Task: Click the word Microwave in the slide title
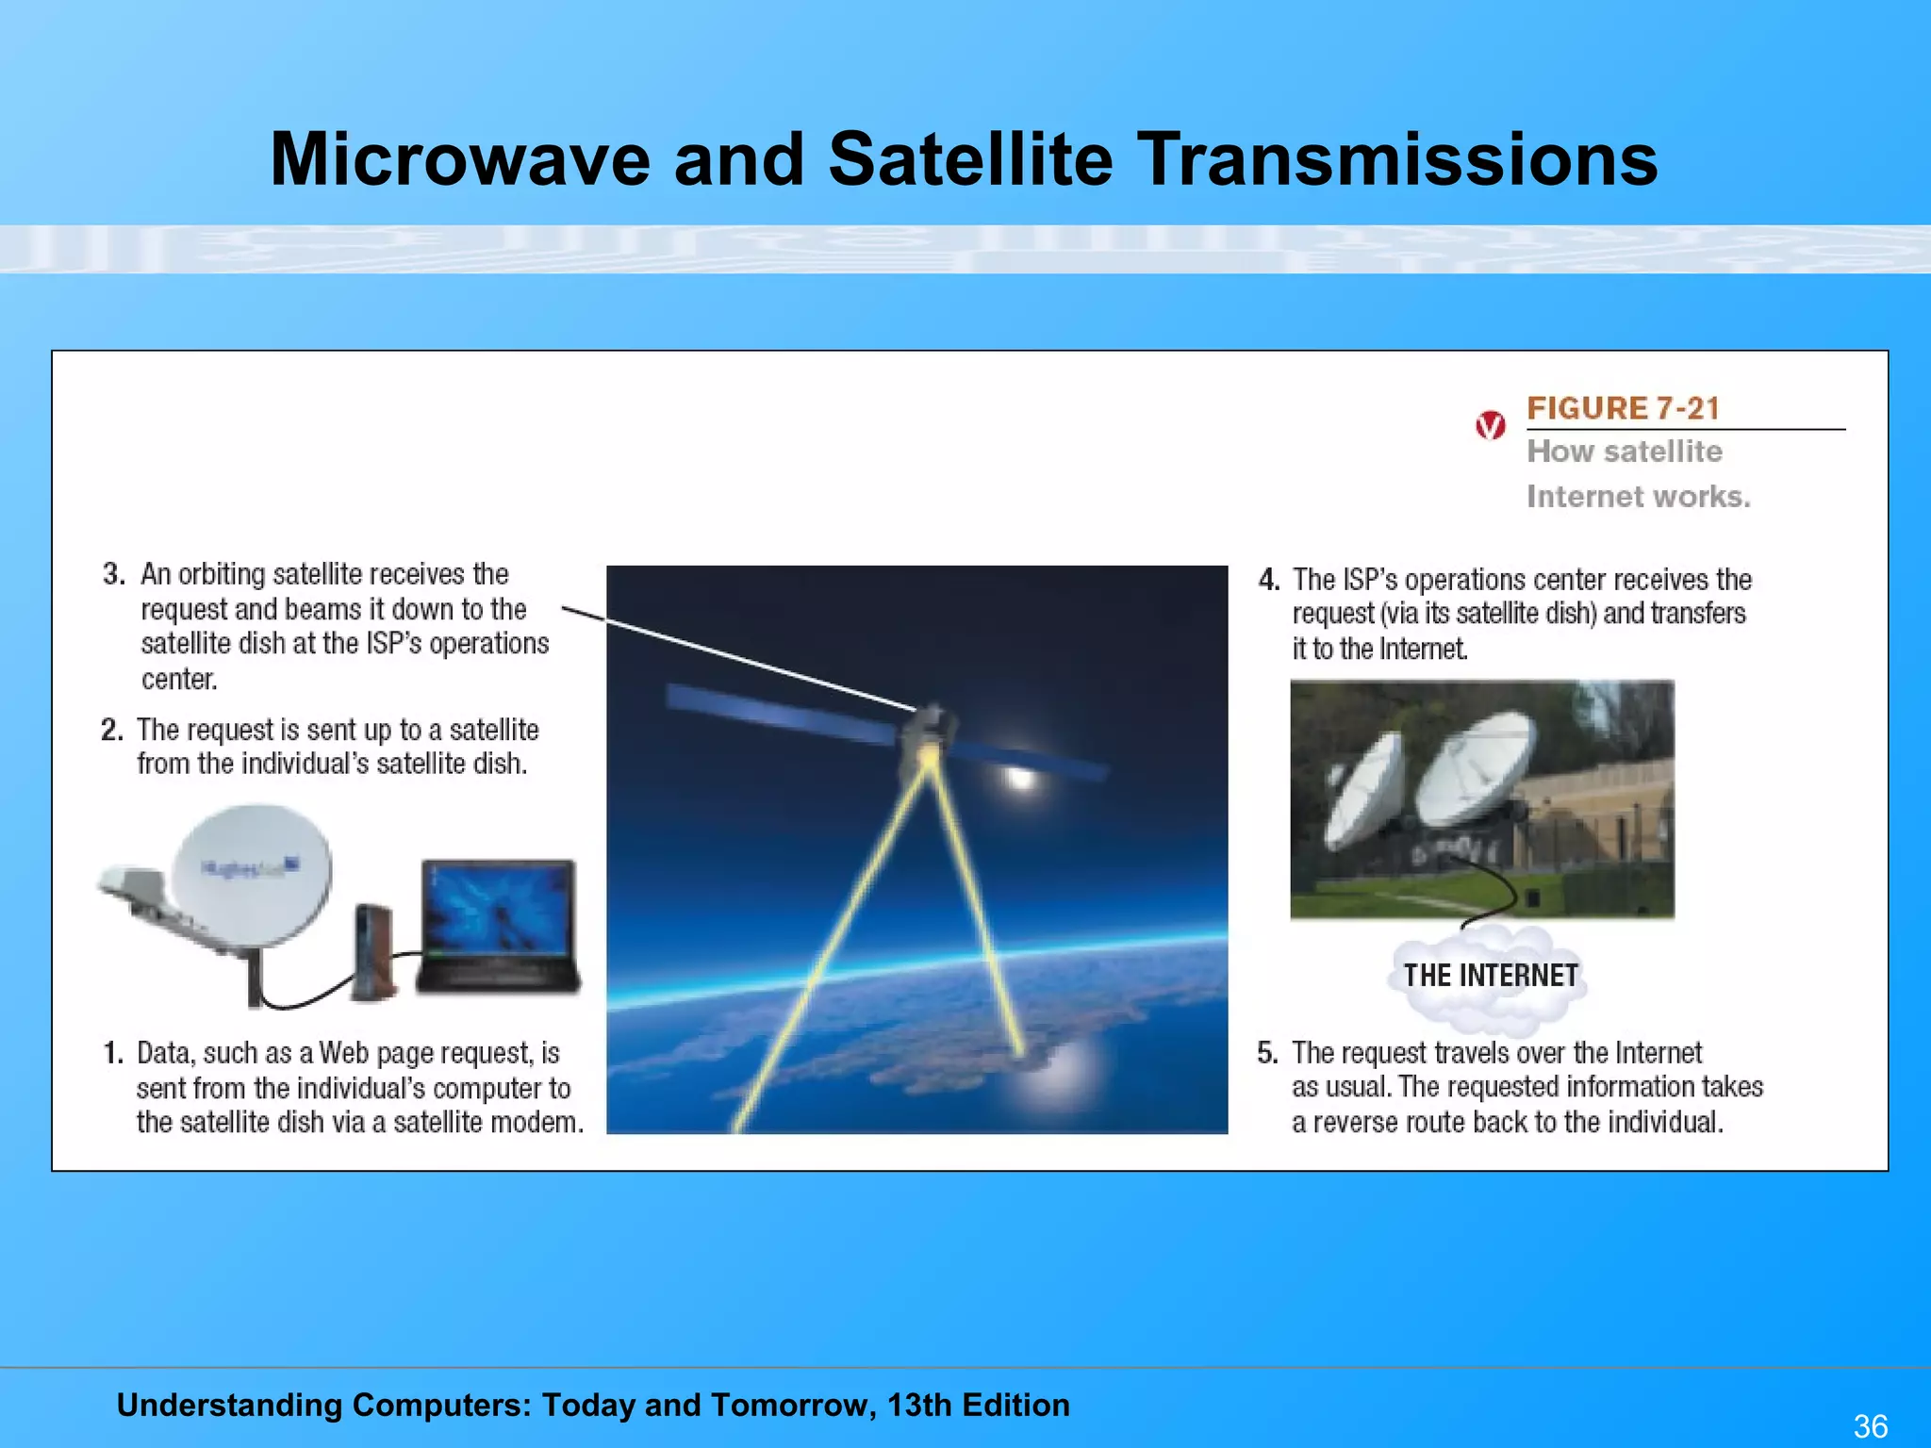point(460,158)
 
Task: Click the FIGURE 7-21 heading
point(1623,408)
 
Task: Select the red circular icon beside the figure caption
point(1490,426)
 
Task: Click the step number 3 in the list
point(114,574)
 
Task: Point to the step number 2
point(112,730)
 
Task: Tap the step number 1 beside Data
point(113,1053)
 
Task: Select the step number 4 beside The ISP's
point(1269,580)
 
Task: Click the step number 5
point(1267,1053)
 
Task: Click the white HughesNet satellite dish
point(253,877)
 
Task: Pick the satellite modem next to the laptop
point(373,952)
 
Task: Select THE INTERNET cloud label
point(1490,975)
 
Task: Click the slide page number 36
point(1870,1425)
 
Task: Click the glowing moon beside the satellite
point(1020,776)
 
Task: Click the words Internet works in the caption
point(1638,496)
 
